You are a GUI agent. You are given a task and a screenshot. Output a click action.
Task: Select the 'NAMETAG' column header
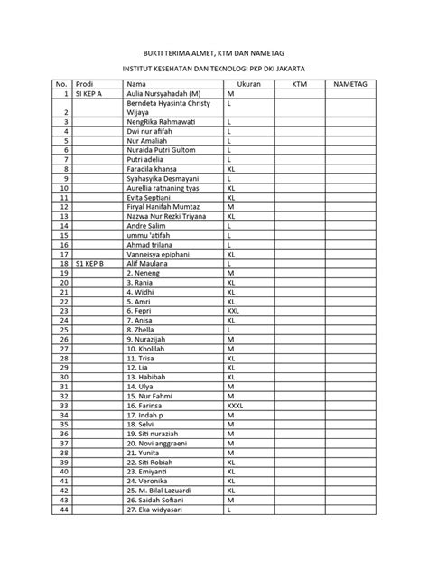(x=349, y=83)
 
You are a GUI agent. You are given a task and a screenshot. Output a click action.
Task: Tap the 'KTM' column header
(x=300, y=83)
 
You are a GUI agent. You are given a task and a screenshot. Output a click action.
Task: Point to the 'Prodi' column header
(x=84, y=83)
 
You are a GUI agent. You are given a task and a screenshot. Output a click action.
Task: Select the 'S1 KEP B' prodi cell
(x=89, y=263)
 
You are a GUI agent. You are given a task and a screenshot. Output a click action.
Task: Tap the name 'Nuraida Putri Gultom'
(x=162, y=150)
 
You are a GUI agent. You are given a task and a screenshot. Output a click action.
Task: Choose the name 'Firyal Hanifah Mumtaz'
(x=163, y=206)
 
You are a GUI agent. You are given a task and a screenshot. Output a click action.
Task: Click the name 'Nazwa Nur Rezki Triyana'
(x=167, y=216)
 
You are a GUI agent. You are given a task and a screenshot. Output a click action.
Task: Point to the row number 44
(x=64, y=509)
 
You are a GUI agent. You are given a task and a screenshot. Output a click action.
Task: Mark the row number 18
(x=64, y=263)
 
